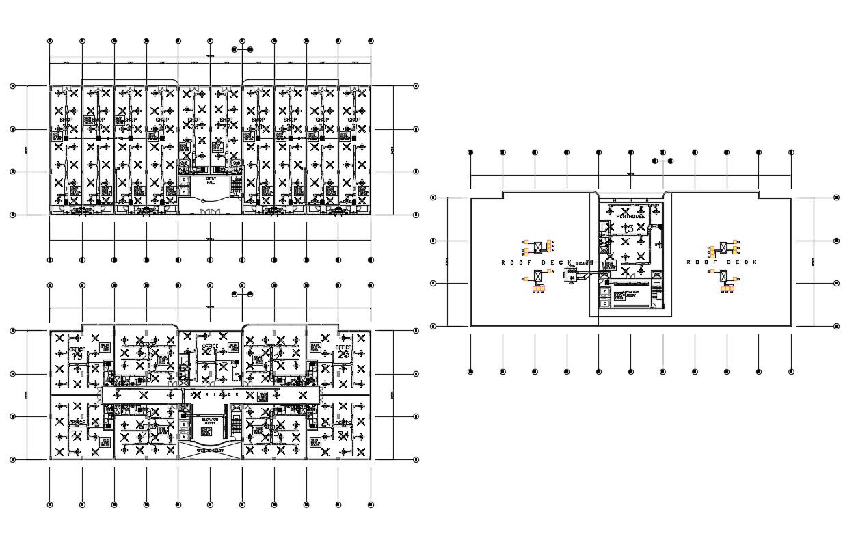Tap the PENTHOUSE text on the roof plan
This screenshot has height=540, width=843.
[630, 216]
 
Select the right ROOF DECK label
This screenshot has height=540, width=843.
[721, 262]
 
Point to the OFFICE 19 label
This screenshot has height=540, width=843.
[77, 350]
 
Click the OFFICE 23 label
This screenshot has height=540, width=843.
[209, 347]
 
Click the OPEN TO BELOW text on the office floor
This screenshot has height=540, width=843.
[210, 451]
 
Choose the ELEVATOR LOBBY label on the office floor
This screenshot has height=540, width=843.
[210, 422]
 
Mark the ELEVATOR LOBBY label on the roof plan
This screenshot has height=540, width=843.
[630, 294]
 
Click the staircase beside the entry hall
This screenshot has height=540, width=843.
[237, 185]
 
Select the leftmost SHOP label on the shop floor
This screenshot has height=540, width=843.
[66, 120]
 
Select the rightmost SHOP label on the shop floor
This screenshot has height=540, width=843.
[353, 120]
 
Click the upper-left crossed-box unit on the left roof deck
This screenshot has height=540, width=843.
[538, 245]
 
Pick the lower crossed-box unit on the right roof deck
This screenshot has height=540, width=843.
[724, 276]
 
